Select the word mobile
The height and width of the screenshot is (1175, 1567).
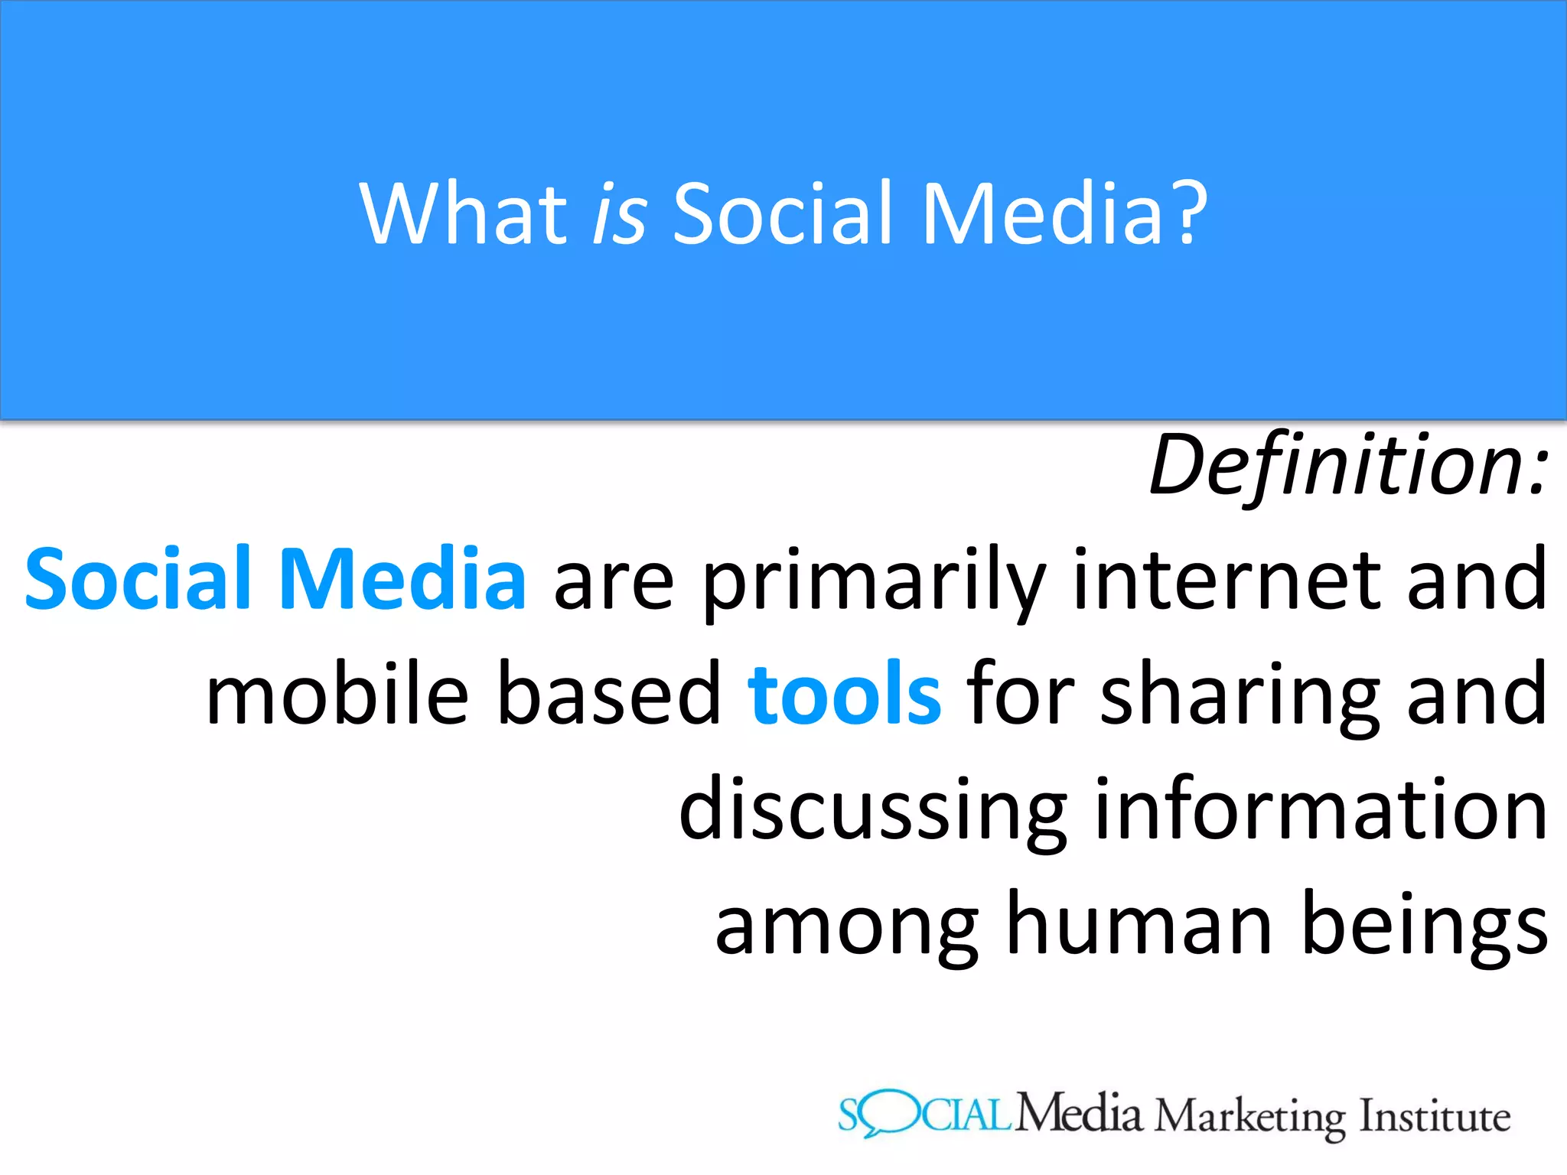pyautogui.click(x=337, y=695)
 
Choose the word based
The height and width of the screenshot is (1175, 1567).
pyautogui.click(x=609, y=695)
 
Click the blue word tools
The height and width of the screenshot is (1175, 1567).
pyautogui.click(x=844, y=695)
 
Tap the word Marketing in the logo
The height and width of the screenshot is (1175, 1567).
pyautogui.click(x=1249, y=1118)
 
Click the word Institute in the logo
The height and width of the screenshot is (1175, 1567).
pyautogui.click(x=1435, y=1116)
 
